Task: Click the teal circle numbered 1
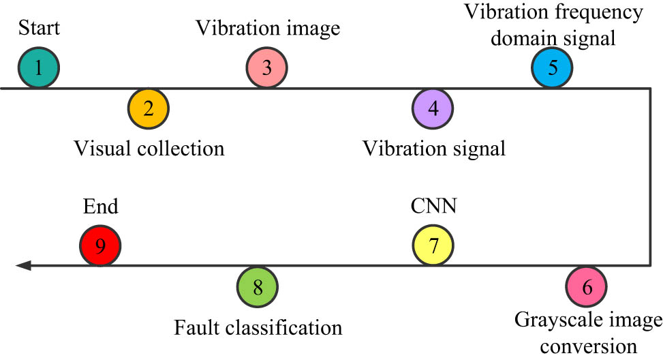pos(39,67)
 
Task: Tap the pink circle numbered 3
pos(267,67)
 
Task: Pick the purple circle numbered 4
pos(433,108)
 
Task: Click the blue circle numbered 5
pos(553,67)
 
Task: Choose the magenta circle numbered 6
pos(587,286)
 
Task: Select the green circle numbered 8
pos(258,286)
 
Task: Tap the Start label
pos(38,29)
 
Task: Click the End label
pos(99,207)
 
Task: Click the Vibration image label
pos(267,29)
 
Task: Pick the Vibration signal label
pos(433,148)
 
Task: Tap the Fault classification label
pos(258,327)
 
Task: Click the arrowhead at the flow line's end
pos(22,265)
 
